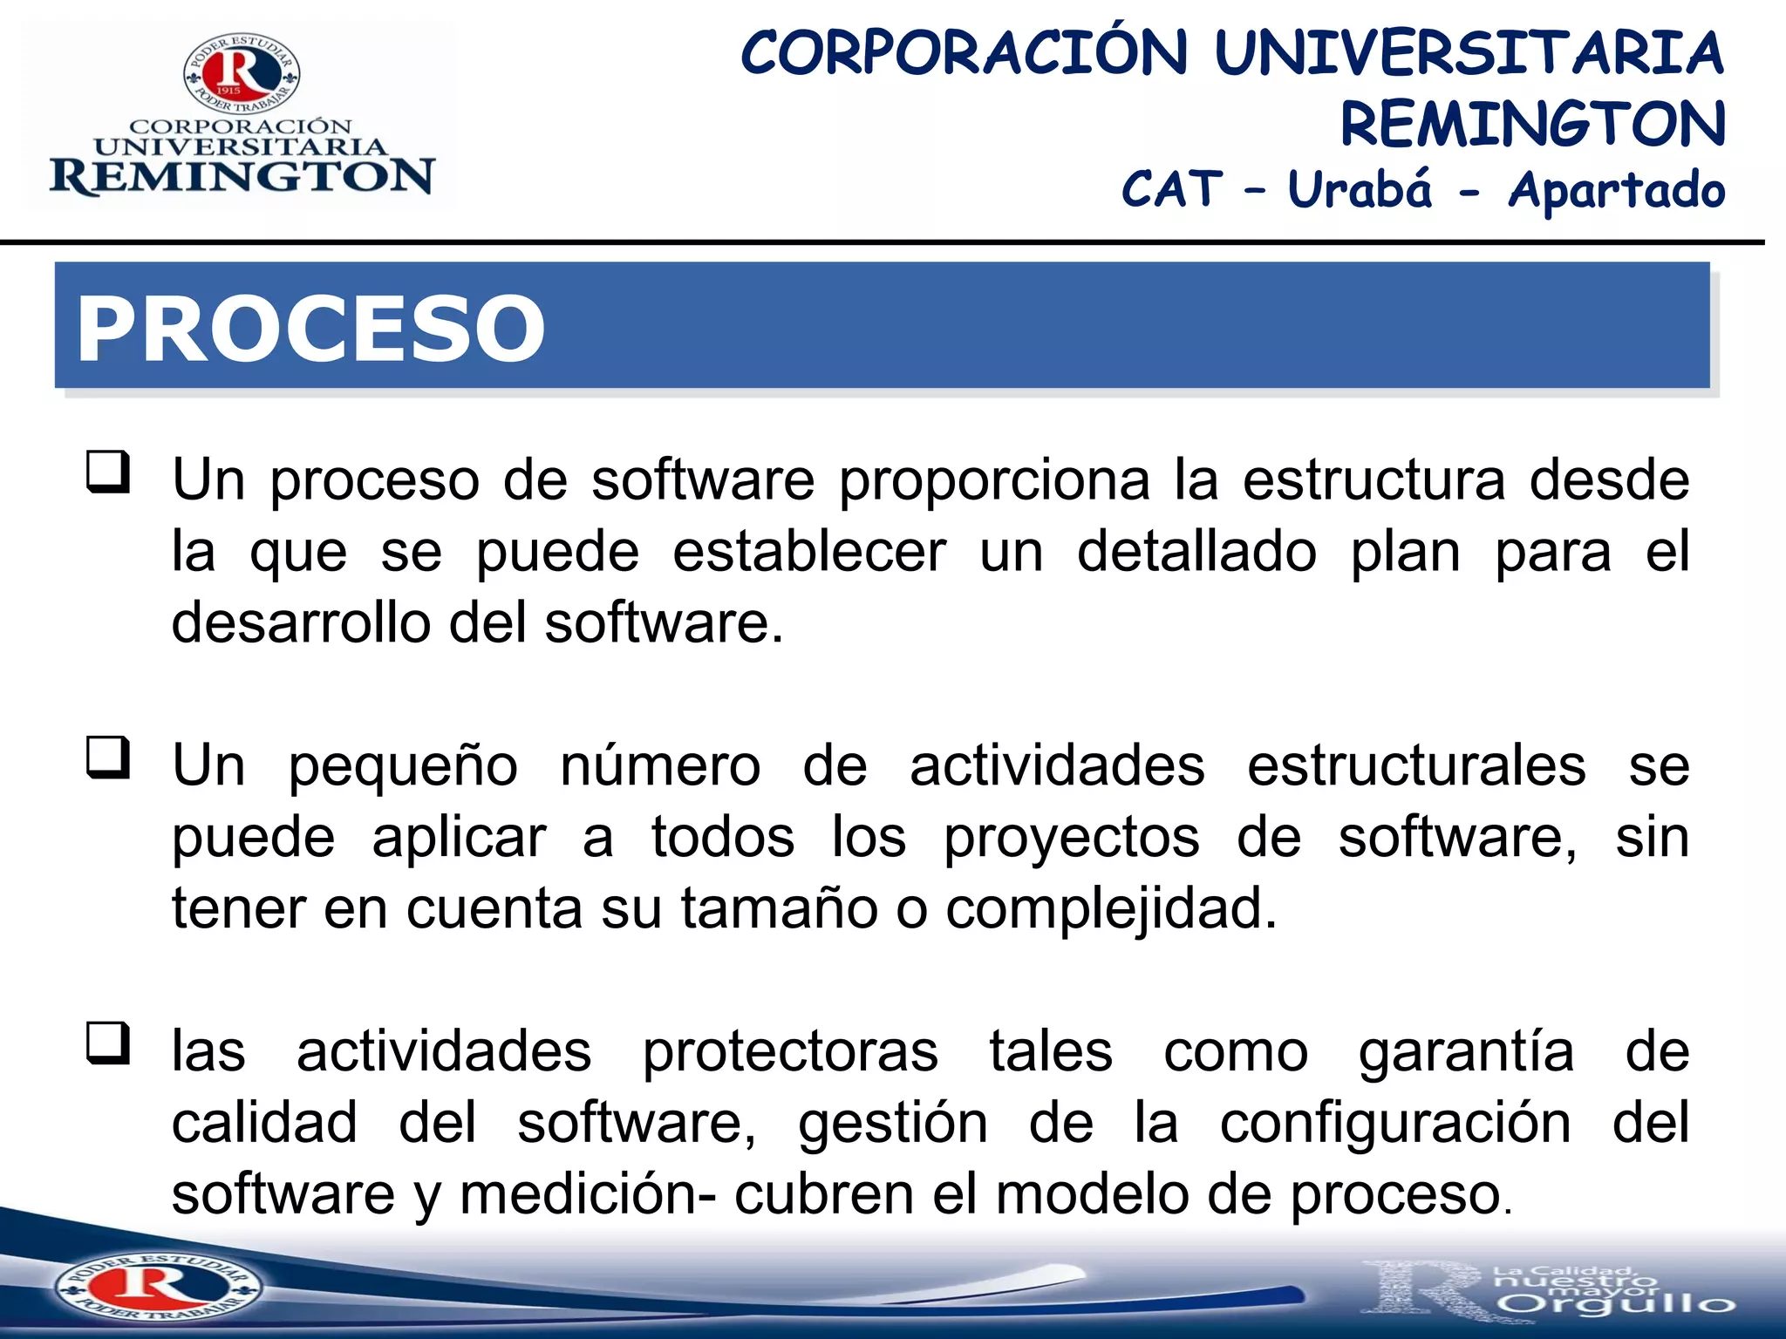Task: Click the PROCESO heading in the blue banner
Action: point(310,329)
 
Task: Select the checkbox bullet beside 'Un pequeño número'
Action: point(108,758)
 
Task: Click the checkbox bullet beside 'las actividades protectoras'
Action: point(108,1043)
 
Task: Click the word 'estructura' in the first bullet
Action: point(1374,480)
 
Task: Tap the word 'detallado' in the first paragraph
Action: point(1196,552)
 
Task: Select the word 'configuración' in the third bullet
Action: point(1395,1124)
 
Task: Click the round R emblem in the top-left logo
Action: point(242,73)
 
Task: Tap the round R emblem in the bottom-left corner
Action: point(157,1287)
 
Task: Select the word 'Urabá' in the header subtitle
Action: point(1360,189)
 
